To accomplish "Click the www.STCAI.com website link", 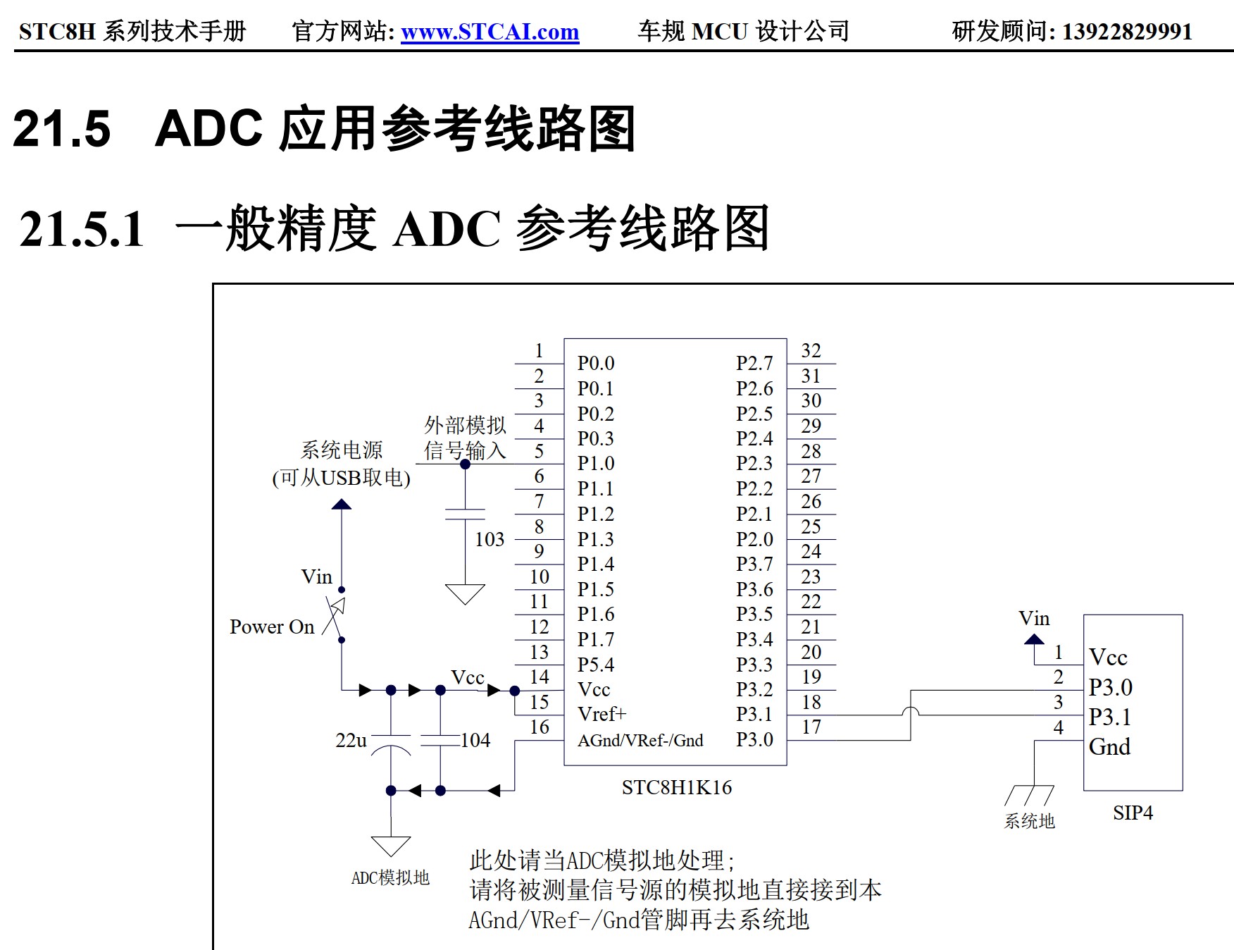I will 490,32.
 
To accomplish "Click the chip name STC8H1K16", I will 676,787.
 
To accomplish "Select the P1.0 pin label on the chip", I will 596,464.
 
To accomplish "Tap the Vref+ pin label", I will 602,714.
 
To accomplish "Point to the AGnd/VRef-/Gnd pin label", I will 640,740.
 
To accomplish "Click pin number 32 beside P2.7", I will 811,350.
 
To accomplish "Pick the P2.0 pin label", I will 754,539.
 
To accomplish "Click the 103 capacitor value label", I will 490,539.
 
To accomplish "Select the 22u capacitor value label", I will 351,740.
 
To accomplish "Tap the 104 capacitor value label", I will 475,740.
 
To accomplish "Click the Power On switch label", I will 272,627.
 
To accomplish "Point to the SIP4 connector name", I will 1133,813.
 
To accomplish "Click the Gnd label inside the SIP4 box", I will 1109,746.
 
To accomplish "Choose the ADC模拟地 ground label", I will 390,877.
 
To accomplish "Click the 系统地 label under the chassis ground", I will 1029,821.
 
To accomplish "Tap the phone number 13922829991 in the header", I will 1127,32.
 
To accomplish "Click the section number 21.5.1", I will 82,229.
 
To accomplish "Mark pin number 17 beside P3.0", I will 811,727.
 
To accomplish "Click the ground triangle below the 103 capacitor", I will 465,593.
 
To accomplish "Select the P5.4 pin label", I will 596,665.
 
